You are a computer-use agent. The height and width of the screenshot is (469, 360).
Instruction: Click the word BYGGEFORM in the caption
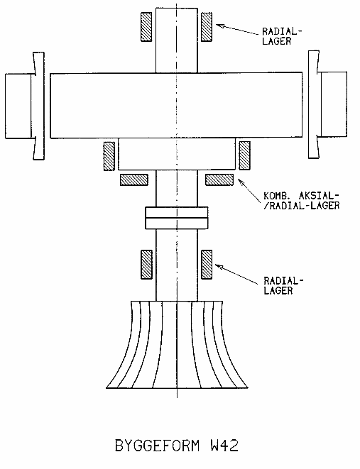click(x=157, y=446)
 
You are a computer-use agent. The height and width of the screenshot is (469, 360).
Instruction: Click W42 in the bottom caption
click(x=224, y=446)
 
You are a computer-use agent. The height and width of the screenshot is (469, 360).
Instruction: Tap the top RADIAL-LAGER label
click(x=282, y=36)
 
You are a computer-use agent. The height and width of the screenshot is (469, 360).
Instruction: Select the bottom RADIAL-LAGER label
click(x=283, y=286)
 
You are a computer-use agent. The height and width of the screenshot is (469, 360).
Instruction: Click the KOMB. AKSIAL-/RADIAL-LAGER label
click(x=301, y=201)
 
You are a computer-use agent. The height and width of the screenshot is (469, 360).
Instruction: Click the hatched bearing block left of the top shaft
click(x=146, y=27)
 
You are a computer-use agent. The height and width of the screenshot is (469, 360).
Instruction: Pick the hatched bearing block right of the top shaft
click(x=207, y=27)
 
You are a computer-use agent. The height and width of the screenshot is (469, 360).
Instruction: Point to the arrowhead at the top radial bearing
click(x=219, y=26)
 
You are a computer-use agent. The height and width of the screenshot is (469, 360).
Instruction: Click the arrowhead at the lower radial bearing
click(x=219, y=267)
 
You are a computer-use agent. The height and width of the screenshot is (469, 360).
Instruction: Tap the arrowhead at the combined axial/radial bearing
click(x=241, y=182)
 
